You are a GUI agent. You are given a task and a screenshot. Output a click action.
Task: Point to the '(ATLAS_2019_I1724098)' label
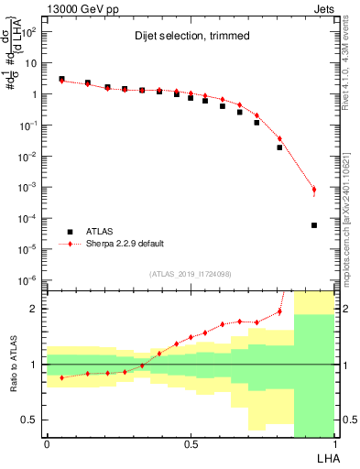[191, 274]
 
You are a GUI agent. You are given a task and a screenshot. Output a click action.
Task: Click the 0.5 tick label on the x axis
[191, 443]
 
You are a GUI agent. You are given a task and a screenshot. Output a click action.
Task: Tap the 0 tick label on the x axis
[47, 443]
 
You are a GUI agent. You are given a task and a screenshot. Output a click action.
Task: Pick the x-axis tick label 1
[335, 443]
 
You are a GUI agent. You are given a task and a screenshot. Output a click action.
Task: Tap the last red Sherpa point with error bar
[314, 191]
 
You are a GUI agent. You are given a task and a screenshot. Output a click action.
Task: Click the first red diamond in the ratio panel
[61, 377]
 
